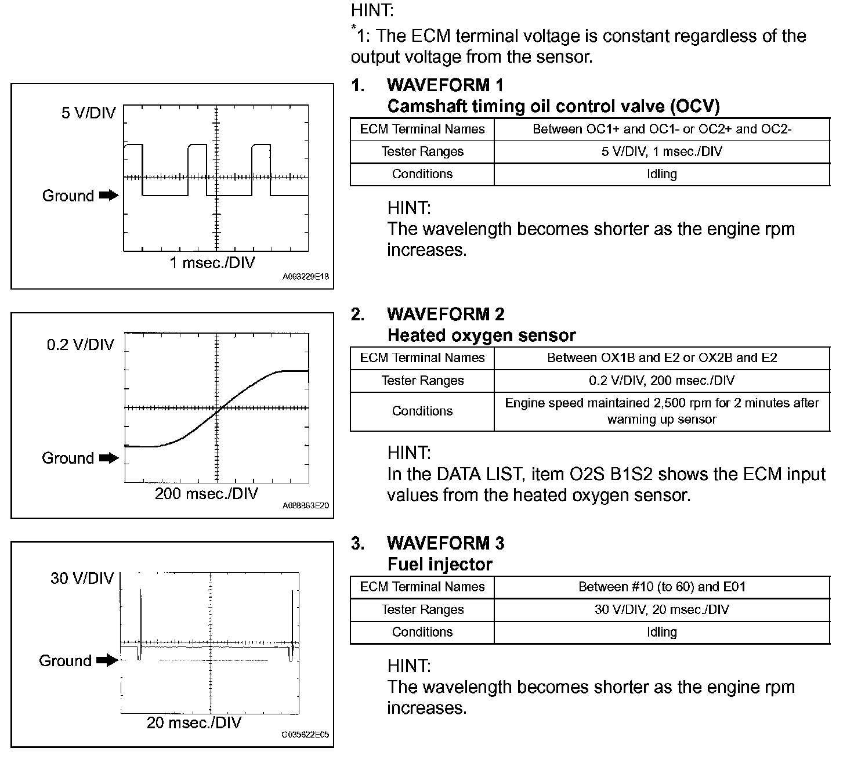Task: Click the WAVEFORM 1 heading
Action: (445, 85)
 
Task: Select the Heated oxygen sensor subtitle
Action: (481, 335)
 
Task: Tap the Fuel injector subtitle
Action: (439, 564)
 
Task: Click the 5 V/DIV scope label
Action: (88, 113)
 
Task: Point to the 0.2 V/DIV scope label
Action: (81, 345)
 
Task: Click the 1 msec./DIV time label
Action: (212, 263)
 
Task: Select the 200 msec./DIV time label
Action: (206, 494)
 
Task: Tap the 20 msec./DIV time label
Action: (194, 722)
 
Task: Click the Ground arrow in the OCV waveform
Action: (108, 196)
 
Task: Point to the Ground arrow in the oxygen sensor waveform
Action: (108, 458)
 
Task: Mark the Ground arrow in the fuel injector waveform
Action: (107, 660)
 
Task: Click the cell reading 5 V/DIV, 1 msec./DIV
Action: (661, 152)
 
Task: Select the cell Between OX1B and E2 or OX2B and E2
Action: (661, 358)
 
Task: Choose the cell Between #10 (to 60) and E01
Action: (661, 587)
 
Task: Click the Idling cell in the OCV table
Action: (661, 174)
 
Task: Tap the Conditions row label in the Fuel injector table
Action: (422, 632)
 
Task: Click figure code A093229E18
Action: (306, 277)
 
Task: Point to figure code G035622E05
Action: (305, 735)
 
